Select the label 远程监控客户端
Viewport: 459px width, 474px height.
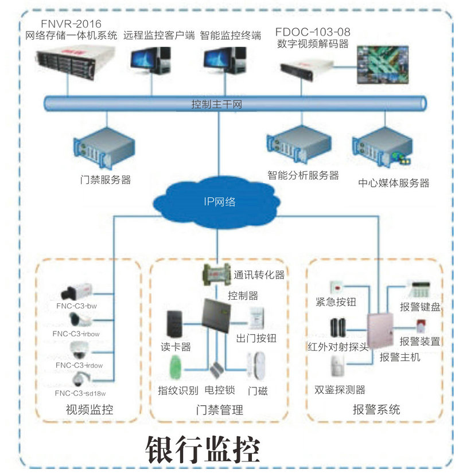(158, 36)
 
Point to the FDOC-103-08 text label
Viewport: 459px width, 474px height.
(313, 32)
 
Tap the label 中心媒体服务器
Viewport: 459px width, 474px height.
(394, 183)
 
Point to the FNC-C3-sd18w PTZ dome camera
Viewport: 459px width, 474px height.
(81, 379)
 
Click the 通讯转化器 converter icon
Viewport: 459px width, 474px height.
(215, 275)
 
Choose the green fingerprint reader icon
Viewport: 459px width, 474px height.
(173, 367)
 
